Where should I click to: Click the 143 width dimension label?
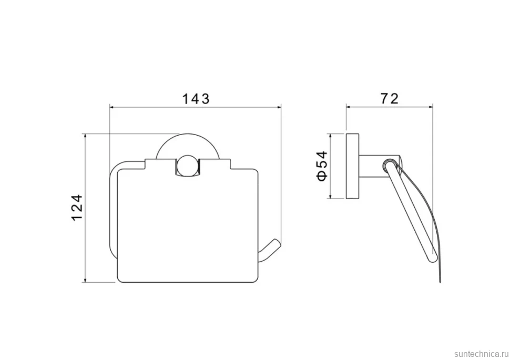pos(196,98)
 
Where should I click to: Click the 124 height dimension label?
pos(77,208)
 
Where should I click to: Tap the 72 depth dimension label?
pos(389,98)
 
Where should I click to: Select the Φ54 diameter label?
pos(322,166)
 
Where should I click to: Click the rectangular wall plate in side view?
pos(352,166)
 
